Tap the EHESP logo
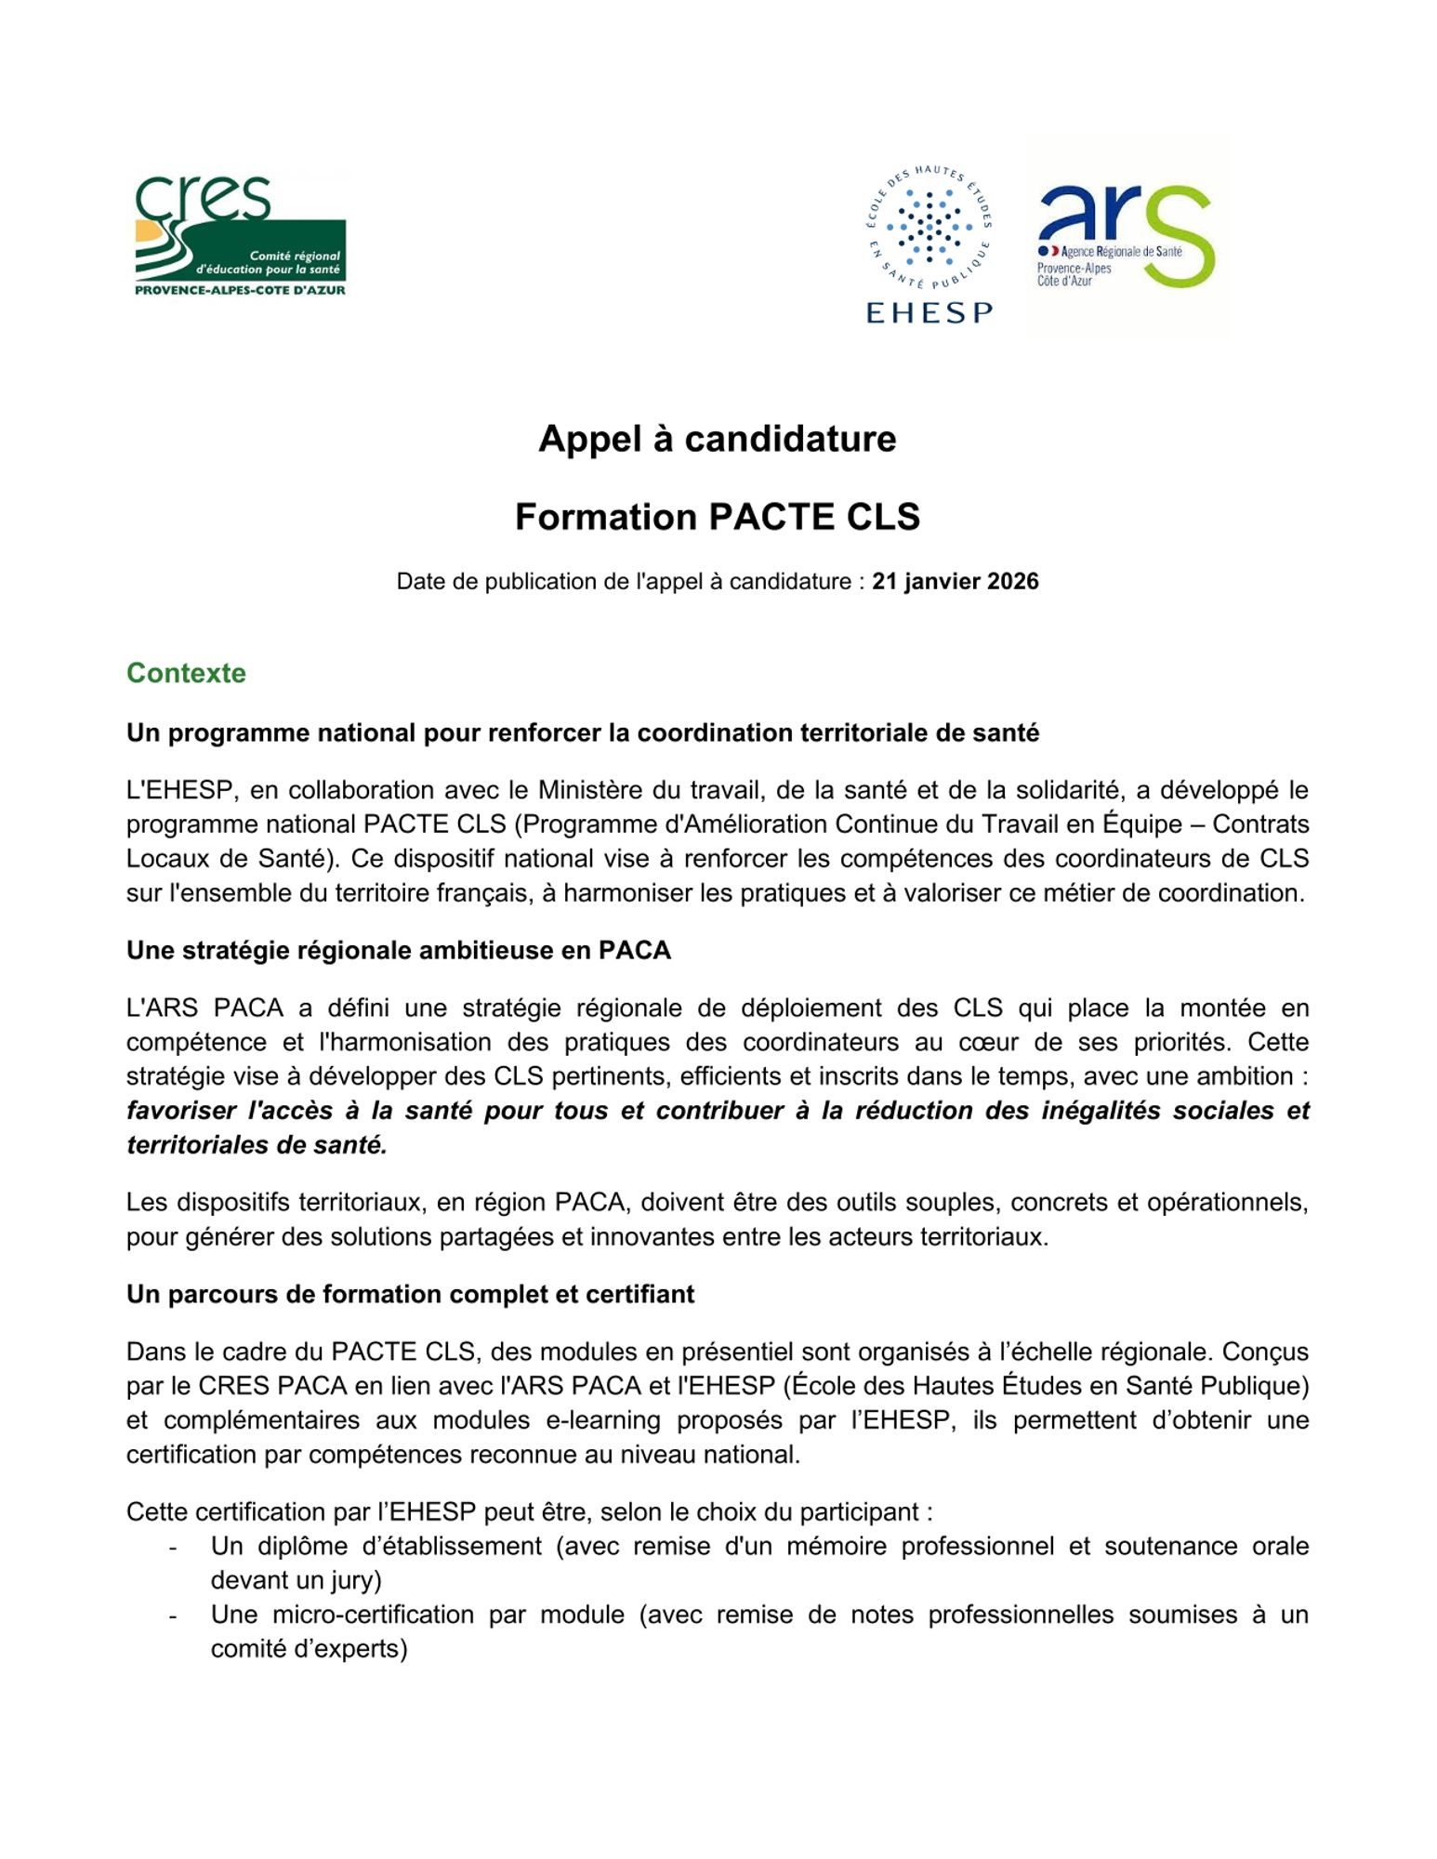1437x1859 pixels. (x=929, y=244)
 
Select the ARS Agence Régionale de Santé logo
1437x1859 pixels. (x=1126, y=238)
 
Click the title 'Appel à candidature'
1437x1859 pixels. (x=718, y=439)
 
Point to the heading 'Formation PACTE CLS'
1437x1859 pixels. (x=718, y=517)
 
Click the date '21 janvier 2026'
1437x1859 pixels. (x=955, y=582)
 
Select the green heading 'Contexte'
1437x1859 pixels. (x=186, y=673)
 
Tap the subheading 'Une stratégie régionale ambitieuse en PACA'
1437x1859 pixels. (x=399, y=950)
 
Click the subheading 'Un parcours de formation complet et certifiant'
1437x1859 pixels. (x=410, y=1294)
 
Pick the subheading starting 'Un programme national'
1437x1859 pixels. (x=583, y=732)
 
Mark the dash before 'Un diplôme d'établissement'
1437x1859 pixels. (x=173, y=1547)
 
